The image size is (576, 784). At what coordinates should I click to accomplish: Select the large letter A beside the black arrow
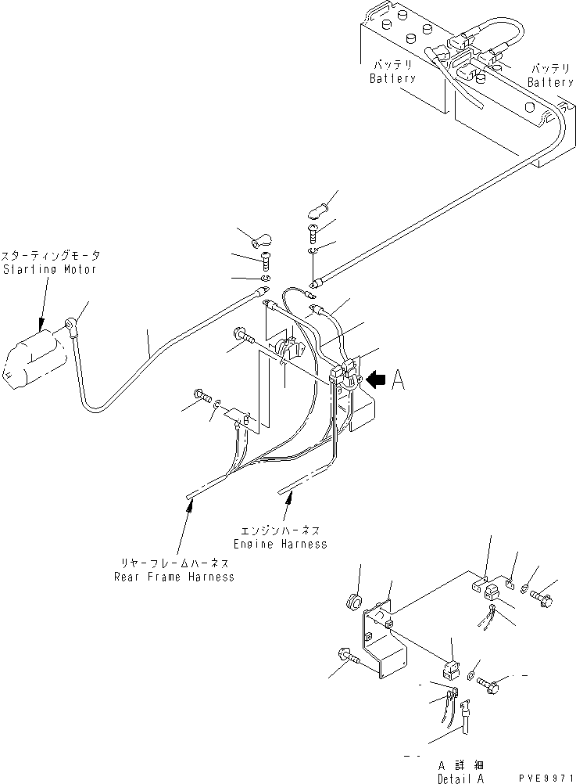coord(397,380)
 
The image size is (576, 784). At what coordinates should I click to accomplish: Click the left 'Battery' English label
coord(392,79)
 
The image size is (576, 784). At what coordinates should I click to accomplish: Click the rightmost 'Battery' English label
coord(549,82)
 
